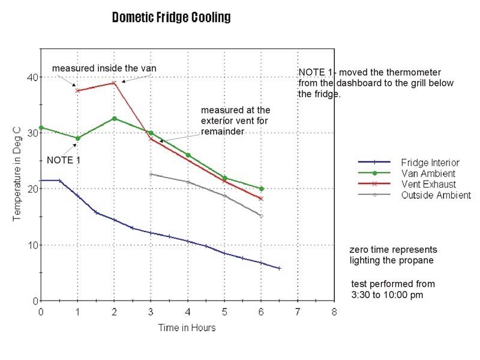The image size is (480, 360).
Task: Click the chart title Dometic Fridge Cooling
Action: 171,17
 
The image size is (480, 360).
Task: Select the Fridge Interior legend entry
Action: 430,163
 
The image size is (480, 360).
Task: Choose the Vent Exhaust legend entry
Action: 428,184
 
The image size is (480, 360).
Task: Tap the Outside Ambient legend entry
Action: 436,195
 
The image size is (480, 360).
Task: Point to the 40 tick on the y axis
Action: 32,77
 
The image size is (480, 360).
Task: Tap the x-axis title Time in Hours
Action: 187,328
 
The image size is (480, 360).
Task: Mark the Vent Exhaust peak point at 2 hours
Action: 114,83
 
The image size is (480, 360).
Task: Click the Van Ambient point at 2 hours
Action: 114,119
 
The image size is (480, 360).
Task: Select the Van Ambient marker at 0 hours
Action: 41,127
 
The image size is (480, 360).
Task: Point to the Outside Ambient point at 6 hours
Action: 261,215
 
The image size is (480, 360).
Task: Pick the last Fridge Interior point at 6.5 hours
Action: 279,268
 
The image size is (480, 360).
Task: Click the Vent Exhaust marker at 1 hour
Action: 77,91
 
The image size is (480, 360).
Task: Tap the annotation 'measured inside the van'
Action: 104,68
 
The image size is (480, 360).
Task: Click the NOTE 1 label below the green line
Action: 63,160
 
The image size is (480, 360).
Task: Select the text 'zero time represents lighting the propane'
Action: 393,254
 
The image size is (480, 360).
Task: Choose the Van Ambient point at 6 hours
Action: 261,188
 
